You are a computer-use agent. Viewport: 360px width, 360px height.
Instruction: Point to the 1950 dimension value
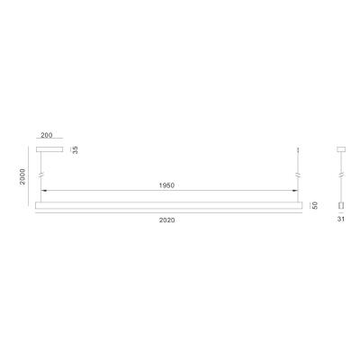pyautogui.click(x=167, y=186)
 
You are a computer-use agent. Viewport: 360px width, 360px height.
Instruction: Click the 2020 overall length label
pyautogui.click(x=166, y=220)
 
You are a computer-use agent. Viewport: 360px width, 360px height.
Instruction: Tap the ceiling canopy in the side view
pyautogui.click(x=341, y=149)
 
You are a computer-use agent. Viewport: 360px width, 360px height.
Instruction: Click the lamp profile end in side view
pyautogui.click(x=341, y=206)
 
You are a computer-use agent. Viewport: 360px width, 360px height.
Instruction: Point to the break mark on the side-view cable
pyautogui.click(x=341, y=173)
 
